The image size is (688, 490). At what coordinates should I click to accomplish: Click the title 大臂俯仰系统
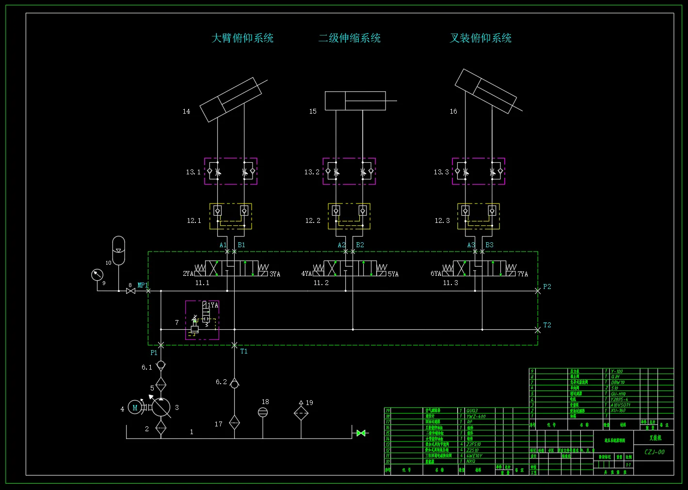[x=242, y=38]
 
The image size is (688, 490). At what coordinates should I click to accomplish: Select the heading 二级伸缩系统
[x=349, y=38]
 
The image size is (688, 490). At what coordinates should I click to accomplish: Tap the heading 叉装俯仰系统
[x=480, y=38]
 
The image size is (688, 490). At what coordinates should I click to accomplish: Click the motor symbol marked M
[x=135, y=408]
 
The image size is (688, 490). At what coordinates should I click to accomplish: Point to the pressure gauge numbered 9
[x=97, y=275]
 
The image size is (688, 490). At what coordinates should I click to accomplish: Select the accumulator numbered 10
[x=118, y=250]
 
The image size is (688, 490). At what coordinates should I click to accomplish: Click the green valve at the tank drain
[x=361, y=433]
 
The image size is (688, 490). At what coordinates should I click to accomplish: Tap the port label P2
[x=547, y=287]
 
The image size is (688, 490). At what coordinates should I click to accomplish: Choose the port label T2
[x=547, y=325]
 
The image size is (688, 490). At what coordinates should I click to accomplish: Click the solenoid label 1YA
[x=213, y=305]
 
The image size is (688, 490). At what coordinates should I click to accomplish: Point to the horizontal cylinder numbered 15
[x=355, y=101]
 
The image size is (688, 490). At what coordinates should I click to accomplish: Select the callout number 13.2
[x=312, y=172]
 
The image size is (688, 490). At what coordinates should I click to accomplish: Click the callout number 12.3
[x=442, y=220]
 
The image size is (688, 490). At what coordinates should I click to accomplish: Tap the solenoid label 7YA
[x=523, y=274]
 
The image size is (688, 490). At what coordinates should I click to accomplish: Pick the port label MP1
[x=143, y=285]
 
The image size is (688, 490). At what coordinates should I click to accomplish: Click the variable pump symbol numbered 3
[x=161, y=407]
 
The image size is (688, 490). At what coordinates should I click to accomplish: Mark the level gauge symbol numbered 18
[x=263, y=412]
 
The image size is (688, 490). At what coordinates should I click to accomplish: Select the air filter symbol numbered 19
[x=301, y=413]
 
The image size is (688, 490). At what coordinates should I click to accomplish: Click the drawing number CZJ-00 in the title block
[x=654, y=452]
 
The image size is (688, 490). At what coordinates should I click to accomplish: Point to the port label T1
[x=244, y=351]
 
